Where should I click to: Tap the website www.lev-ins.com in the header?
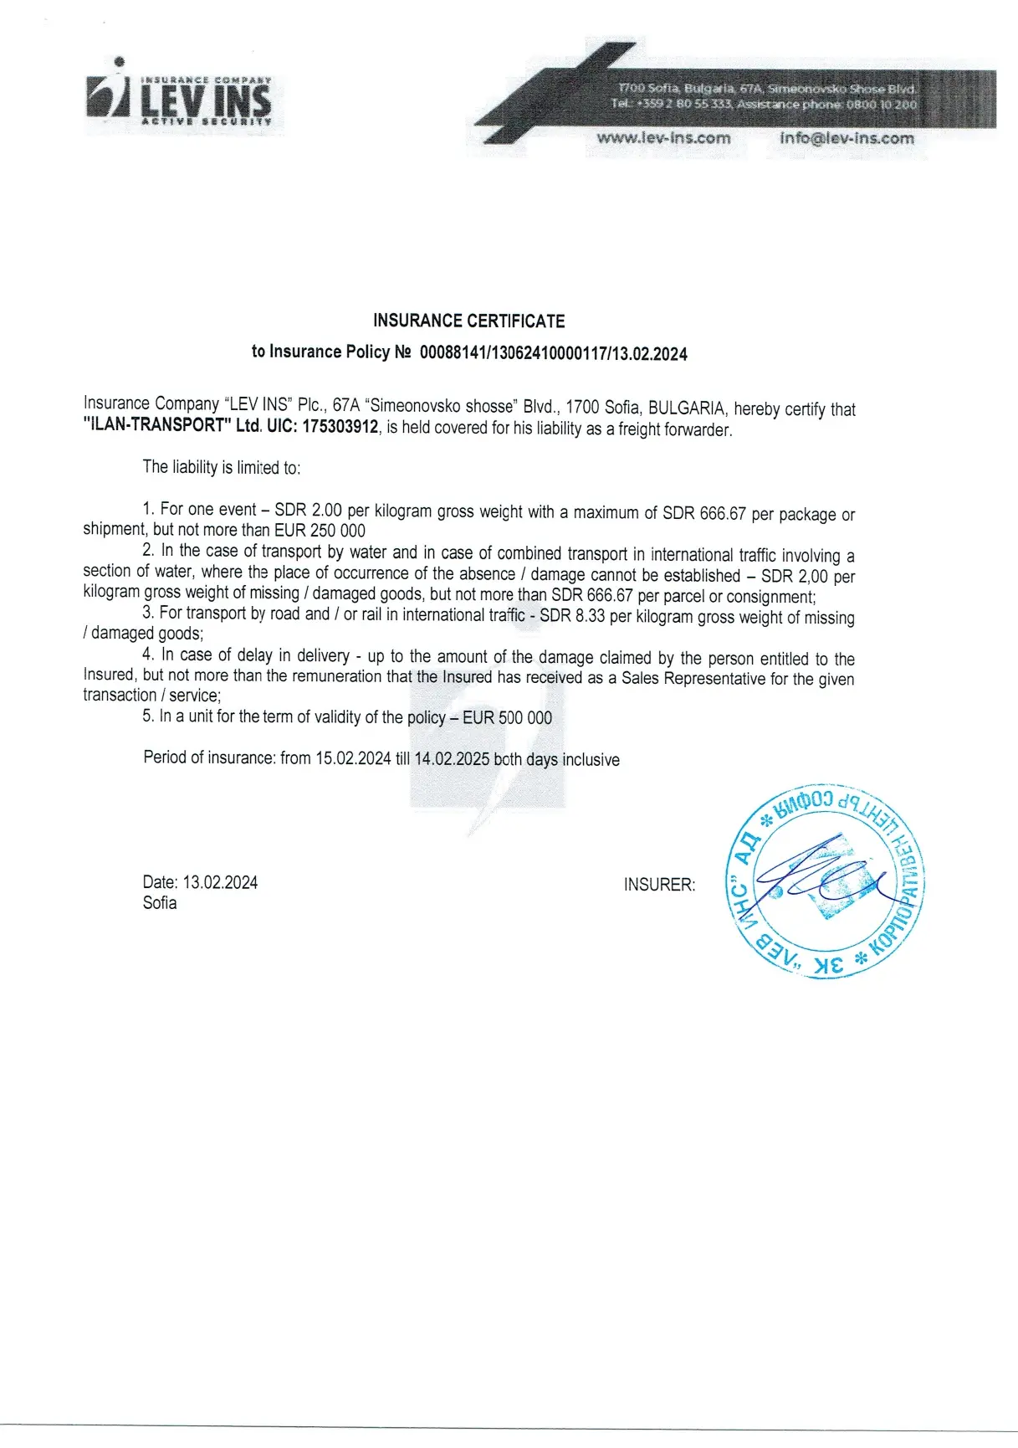[663, 138]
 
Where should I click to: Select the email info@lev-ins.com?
[847, 138]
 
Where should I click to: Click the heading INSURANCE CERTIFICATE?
[468, 321]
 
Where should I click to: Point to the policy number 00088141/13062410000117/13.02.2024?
[553, 353]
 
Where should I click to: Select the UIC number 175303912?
[340, 427]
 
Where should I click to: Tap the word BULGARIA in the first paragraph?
[688, 408]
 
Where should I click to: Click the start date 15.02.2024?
[353, 758]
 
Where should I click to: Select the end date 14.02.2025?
[452, 759]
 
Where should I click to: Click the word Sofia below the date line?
[160, 902]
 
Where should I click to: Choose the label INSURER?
[659, 885]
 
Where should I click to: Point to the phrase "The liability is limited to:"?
[222, 467]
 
